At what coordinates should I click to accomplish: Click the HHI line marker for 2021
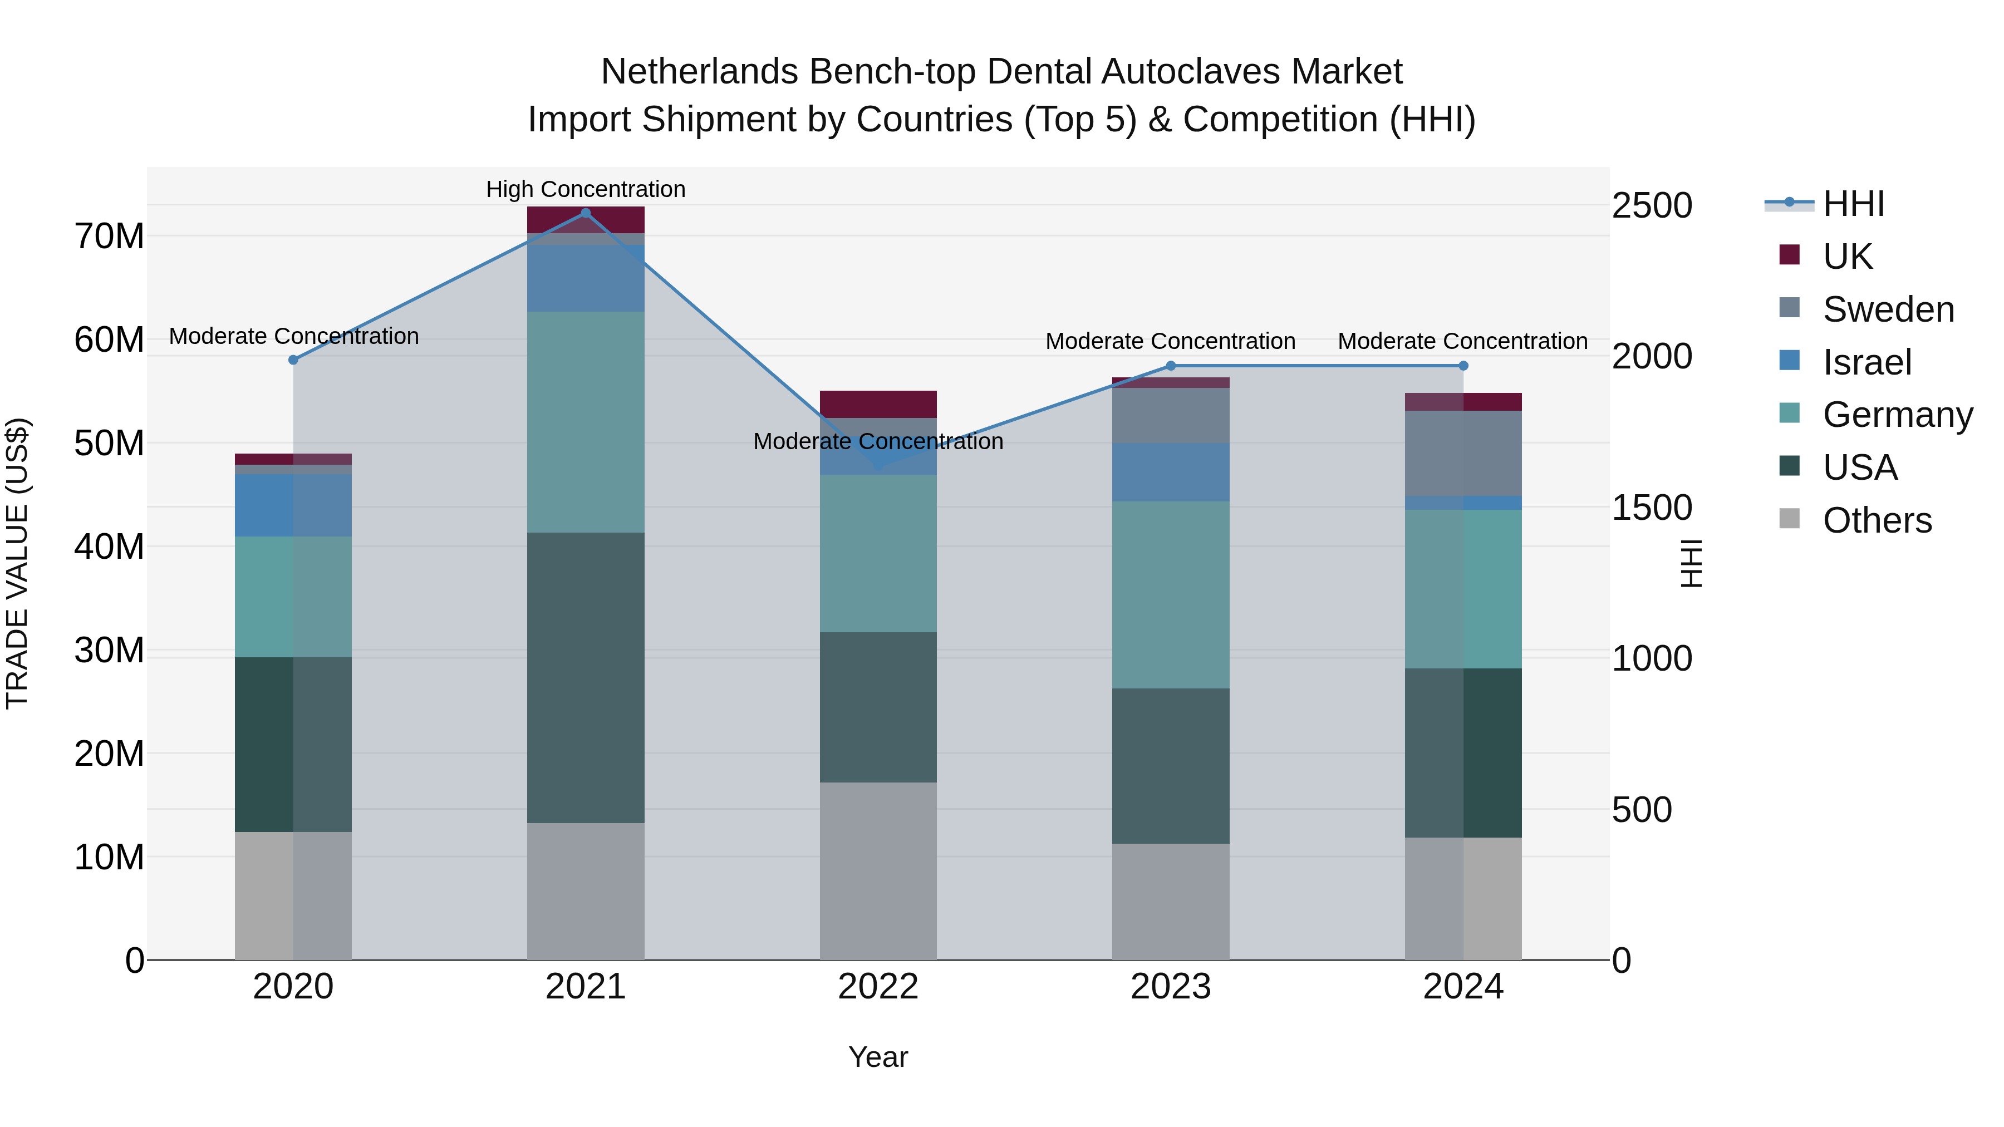(x=586, y=213)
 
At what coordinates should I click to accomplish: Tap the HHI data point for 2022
(x=878, y=466)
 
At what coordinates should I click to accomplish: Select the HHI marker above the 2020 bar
(x=293, y=360)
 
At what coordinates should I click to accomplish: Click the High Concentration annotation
(x=586, y=189)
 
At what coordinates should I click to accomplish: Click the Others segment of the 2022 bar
(x=878, y=870)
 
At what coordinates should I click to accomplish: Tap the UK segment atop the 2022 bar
(x=878, y=405)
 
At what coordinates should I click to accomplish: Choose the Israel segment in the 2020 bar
(x=293, y=505)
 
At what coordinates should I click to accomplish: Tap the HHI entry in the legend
(x=1853, y=204)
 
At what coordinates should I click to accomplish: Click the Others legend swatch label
(x=1877, y=520)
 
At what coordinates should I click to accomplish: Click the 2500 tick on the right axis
(x=1652, y=205)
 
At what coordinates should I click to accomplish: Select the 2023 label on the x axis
(x=1171, y=987)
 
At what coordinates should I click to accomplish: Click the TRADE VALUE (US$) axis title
(x=18, y=563)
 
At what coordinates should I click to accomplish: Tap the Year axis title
(x=878, y=1057)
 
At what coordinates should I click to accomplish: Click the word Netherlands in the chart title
(x=699, y=72)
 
